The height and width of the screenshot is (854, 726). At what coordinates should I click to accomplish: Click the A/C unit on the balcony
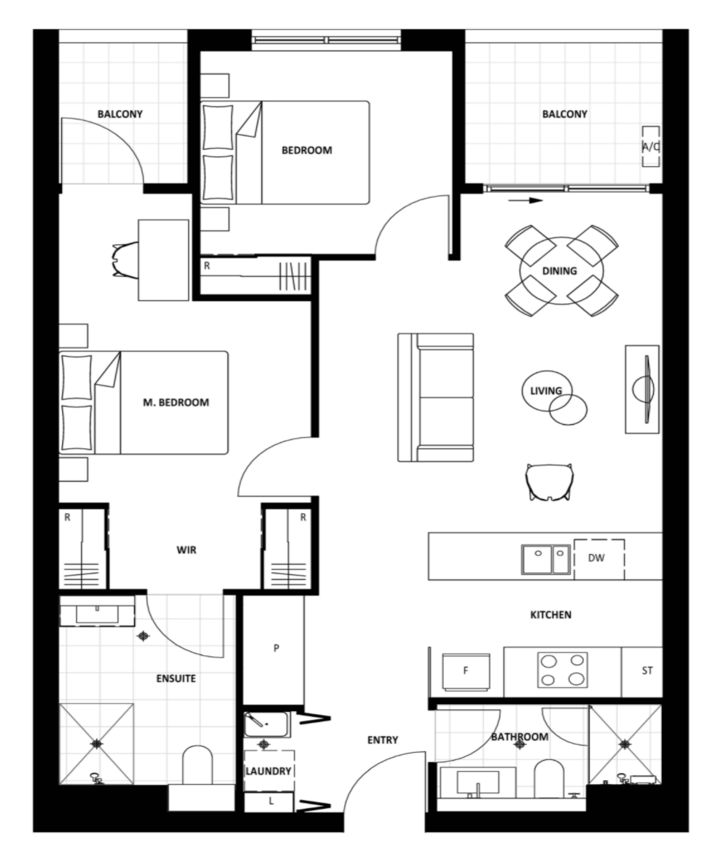(650, 146)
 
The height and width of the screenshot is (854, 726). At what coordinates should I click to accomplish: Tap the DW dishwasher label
(596, 557)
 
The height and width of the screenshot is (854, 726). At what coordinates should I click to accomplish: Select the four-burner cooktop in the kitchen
(563, 670)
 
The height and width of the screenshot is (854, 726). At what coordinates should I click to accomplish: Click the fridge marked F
(466, 671)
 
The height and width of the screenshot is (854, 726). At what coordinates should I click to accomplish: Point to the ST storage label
(647, 670)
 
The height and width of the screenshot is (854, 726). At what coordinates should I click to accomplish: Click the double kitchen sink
(546, 560)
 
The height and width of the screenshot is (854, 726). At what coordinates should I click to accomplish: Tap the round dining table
(561, 270)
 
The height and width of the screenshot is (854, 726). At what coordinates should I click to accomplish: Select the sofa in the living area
(436, 398)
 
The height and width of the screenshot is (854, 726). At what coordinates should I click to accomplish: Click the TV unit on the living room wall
(642, 389)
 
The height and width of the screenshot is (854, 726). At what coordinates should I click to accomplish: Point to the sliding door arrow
(526, 200)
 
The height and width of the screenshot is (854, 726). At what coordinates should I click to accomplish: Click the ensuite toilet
(197, 765)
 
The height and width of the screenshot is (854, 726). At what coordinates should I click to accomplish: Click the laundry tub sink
(266, 724)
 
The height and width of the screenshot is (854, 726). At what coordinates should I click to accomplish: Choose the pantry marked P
(273, 649)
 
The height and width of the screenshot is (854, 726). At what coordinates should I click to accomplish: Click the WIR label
(187, 550)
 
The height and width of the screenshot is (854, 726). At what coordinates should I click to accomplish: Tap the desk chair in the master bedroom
(125, 260)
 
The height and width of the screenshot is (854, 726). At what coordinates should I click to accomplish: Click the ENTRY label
(383, 740)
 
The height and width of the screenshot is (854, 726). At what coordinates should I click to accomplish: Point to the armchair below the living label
(550, 482)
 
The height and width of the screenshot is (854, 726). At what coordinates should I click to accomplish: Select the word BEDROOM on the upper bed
(307, 150)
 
